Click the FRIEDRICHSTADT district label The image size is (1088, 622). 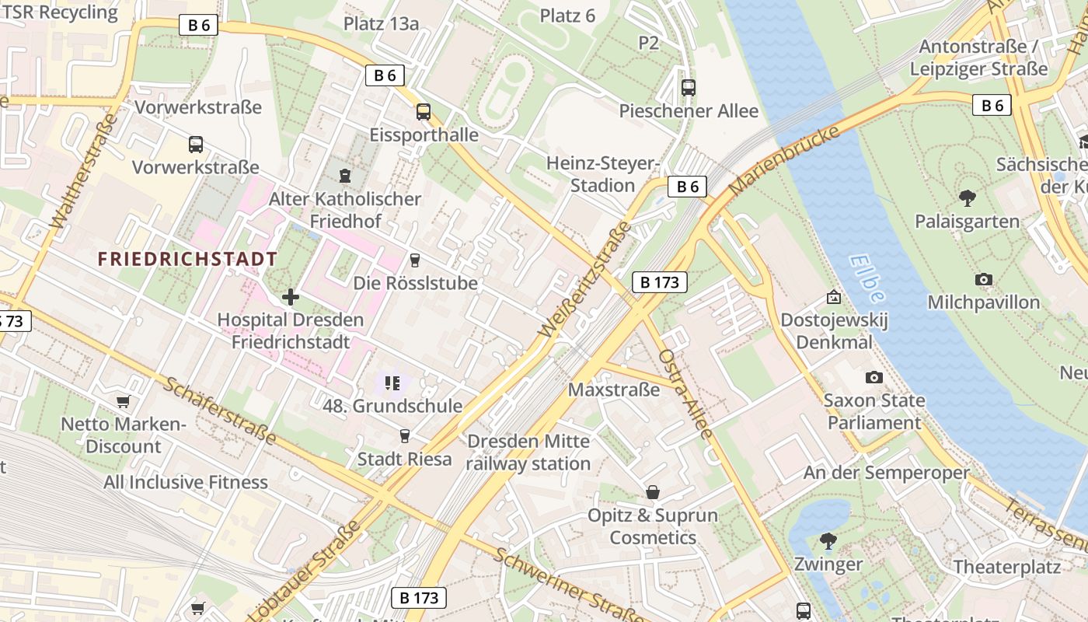187,259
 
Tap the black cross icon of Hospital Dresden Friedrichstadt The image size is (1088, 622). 291,297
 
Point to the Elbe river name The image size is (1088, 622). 867,278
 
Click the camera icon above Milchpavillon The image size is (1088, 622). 983,279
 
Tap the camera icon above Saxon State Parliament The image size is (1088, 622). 874,378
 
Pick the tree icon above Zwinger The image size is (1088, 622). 828,540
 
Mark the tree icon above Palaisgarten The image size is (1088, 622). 967,198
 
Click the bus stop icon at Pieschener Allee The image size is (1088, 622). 689,88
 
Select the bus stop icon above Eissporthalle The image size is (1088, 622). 424,112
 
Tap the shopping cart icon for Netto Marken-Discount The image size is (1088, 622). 123,401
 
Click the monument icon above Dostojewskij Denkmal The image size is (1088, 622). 834,297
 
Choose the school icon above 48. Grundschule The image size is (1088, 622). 392,383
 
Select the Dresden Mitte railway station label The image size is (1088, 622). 528,453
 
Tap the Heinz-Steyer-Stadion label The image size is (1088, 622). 602,174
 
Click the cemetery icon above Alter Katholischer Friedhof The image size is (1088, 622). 345,175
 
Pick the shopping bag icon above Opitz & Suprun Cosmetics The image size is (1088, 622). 653,492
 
